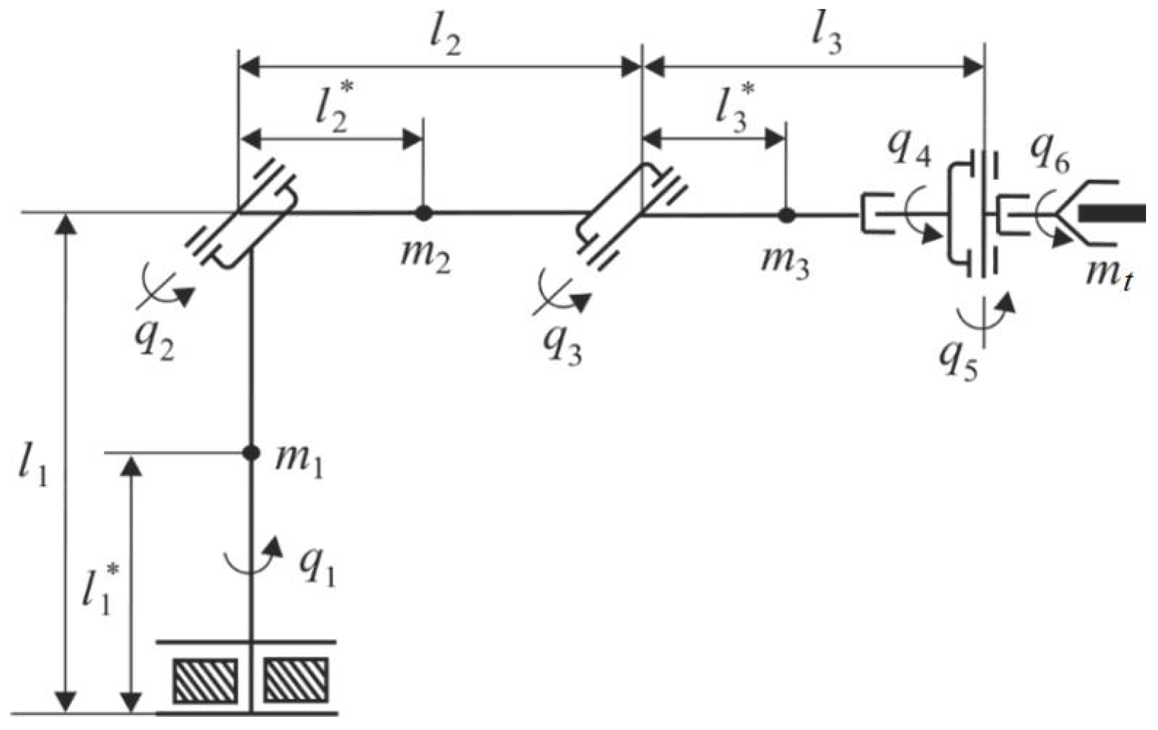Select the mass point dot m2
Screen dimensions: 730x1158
point(424,213)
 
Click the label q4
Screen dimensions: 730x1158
point(909,150)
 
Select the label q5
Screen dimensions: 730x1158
point(959,360)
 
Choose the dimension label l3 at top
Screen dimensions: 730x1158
point(826,37)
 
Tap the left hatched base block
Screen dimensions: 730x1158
point(205,681)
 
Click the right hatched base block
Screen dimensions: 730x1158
point(296,681)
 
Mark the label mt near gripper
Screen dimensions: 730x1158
point(1109,276)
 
